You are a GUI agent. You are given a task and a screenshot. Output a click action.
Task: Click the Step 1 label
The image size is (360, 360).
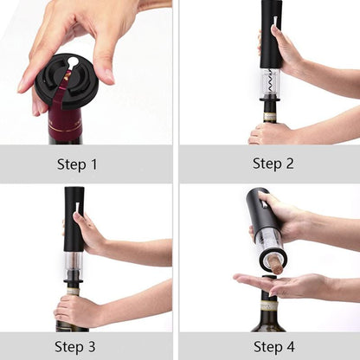coord(77,164)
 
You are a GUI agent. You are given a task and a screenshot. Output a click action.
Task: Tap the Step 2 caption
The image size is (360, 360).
coord(273,164)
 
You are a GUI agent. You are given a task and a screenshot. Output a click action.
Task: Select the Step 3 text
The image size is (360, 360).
coord(75,346)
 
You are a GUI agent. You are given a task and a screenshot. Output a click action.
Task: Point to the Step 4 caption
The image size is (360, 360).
coord(274,346)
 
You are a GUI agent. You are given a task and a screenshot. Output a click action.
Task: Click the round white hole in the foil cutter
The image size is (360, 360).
coord(74,61)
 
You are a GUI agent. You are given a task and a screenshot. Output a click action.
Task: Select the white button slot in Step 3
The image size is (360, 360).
coord(77,208)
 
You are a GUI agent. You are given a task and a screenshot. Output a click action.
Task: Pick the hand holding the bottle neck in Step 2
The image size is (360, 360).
coord(271,132)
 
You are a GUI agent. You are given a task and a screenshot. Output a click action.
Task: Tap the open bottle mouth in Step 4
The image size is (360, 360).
coord(269,278)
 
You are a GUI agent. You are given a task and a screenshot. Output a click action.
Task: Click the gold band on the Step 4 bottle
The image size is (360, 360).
coord(269,305)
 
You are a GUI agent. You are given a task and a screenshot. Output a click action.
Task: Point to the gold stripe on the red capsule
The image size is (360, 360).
coord(65,127)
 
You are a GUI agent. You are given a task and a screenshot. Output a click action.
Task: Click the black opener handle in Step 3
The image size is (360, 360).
coord(74,219)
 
